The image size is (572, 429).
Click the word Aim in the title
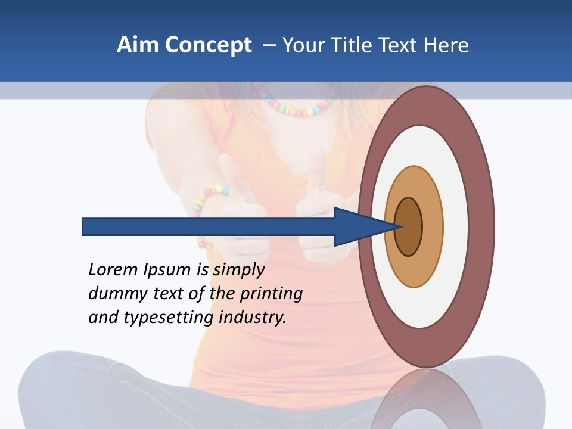[x=138, y=45]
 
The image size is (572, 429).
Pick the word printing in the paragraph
[x=271, y=294]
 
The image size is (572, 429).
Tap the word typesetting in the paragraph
[x=169, y=318]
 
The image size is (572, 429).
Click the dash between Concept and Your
[x=269, y=45]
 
